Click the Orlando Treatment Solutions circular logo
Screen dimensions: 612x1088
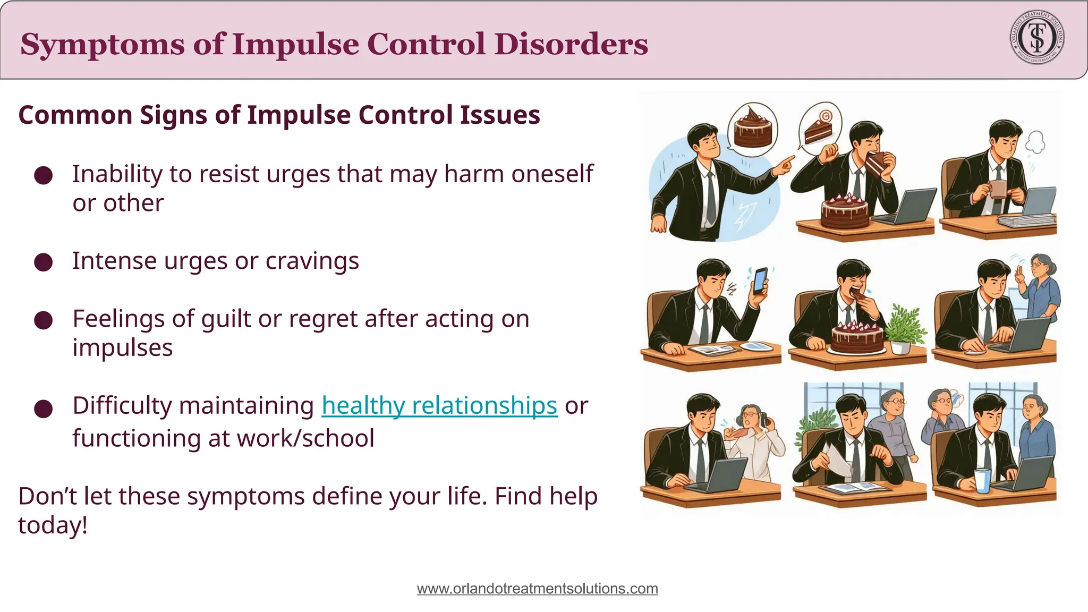(x=1036, y=38)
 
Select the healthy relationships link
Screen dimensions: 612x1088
(x=439, y=405)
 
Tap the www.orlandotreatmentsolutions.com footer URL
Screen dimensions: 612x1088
(x=537, y=589)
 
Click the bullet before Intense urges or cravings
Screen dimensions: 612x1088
(x=43, y=262)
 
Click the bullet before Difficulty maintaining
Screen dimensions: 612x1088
(x=43, y=409)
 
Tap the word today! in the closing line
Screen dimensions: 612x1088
(x=53, y=525)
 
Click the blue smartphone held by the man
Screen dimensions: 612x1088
(x=760, y=280)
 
